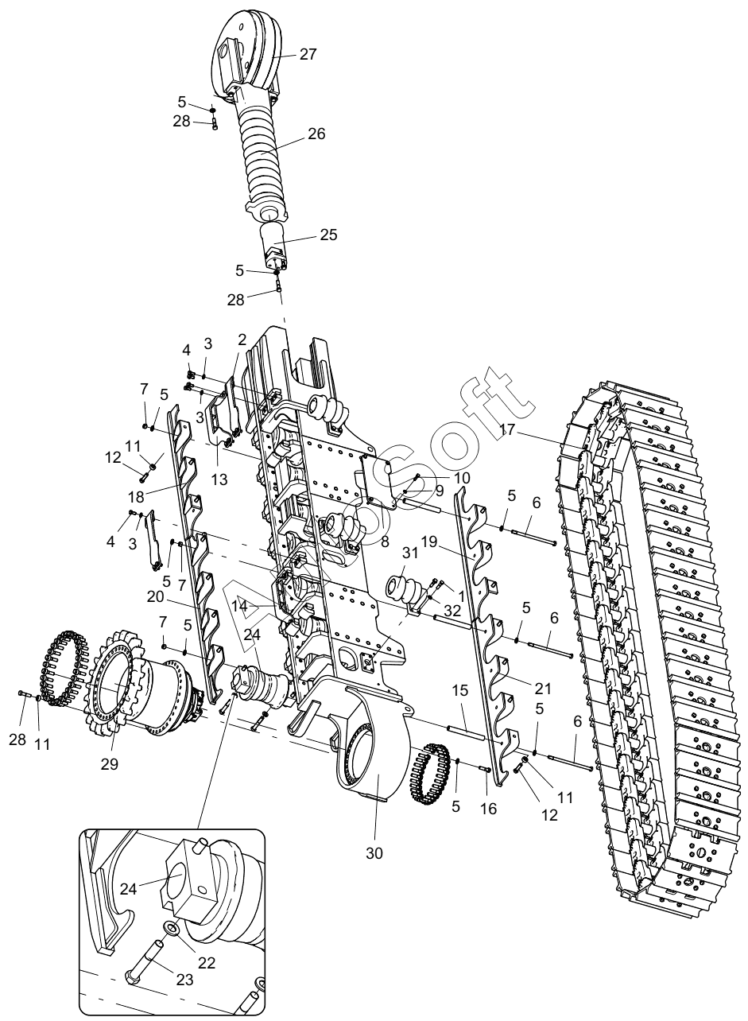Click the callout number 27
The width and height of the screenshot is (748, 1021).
[308, 55]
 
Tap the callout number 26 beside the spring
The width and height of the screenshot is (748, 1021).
[316, 134]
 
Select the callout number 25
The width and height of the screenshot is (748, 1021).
[328, 235]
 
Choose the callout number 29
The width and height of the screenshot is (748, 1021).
[110, 764]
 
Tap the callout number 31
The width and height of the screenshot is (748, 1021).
[410, 553]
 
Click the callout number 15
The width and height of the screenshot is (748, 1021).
[460, 690]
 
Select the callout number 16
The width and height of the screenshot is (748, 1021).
[488, 808]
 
